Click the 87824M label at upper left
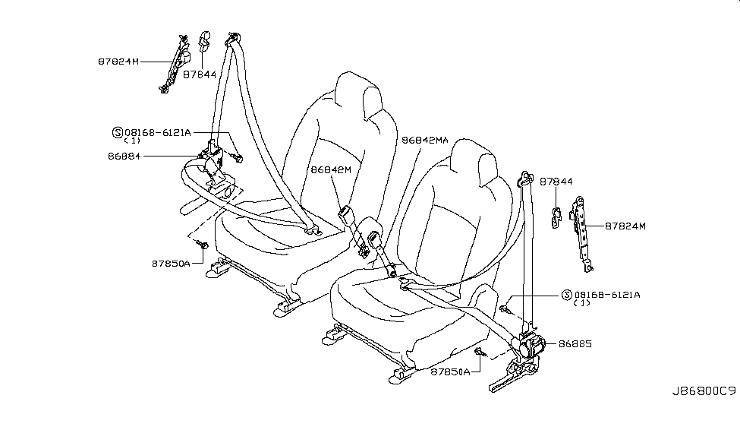[x=118, y=62]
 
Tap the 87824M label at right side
[x=625, y=226]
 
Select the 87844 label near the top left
[x=200, y=74]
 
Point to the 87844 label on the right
[x=556, y=182]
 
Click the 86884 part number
[x=124, y=156]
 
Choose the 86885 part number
[x=575, y=344]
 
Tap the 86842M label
[x=331, y=169]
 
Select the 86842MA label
[x=425, y=141]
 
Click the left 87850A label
[x=171, y=264]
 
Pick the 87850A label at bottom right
[x=450, y=372]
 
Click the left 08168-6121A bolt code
[x=158, y=133]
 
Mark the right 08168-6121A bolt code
[x=607, y=295]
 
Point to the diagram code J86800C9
[x=704, y=391]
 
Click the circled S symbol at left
[x=118, y=133]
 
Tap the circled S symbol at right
[x=567, y=295]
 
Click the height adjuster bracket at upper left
[x=175, y=63]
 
